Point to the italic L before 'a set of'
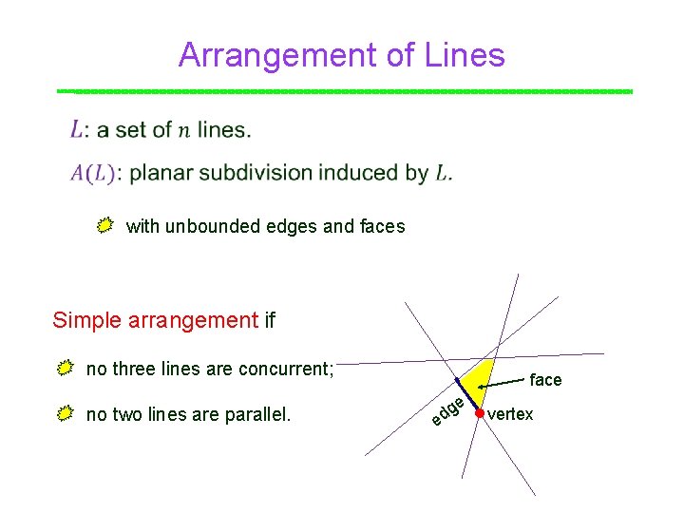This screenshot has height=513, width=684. click(x=77, y=129)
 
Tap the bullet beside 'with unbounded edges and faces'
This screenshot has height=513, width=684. click(x=105, y=225)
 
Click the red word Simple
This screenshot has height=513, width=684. click(x=82, y=320)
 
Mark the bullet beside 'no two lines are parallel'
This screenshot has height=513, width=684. click(x=65, y=413)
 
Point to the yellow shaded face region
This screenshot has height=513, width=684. click(x=478, y=380)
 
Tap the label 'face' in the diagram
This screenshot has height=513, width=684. click(x=545, y=380)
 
